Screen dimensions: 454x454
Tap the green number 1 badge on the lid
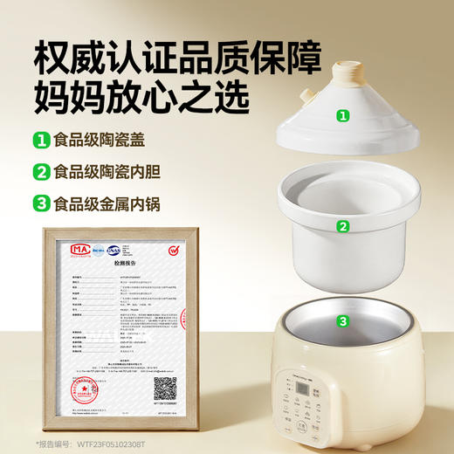coord(344,115)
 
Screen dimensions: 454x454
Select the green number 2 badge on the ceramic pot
coord(344,226)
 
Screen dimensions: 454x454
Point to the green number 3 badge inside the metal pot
coord(344,320)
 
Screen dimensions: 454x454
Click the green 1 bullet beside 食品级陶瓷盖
coord(40,140)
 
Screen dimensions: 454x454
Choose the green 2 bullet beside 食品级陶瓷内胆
coord(40,171)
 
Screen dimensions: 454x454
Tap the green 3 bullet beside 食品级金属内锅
coord(40,203)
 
